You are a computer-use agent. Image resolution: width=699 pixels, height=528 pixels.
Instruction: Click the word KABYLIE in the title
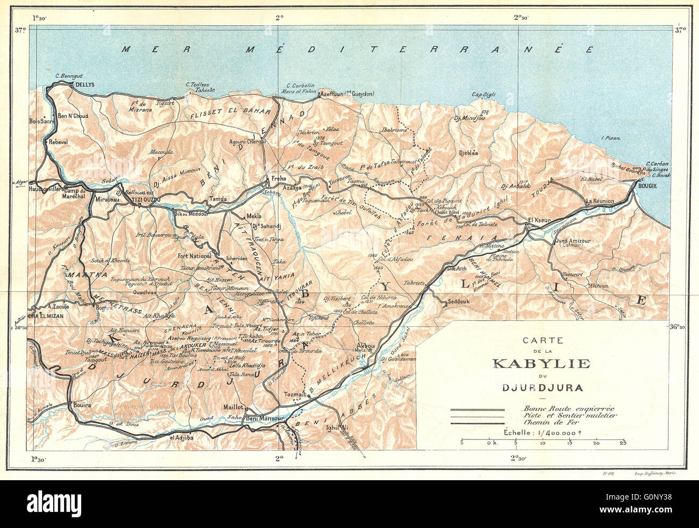pyautogui.click(x=541, y=364)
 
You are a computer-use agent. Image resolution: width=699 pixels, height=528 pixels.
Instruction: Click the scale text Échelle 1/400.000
pyautogui.click(x=541, y=432)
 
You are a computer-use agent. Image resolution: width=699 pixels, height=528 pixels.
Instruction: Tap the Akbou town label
pyautogui.click(x=366, y=345)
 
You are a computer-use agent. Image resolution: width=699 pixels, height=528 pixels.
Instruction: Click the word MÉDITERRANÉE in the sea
pyautogui.click(x=419, y=49)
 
